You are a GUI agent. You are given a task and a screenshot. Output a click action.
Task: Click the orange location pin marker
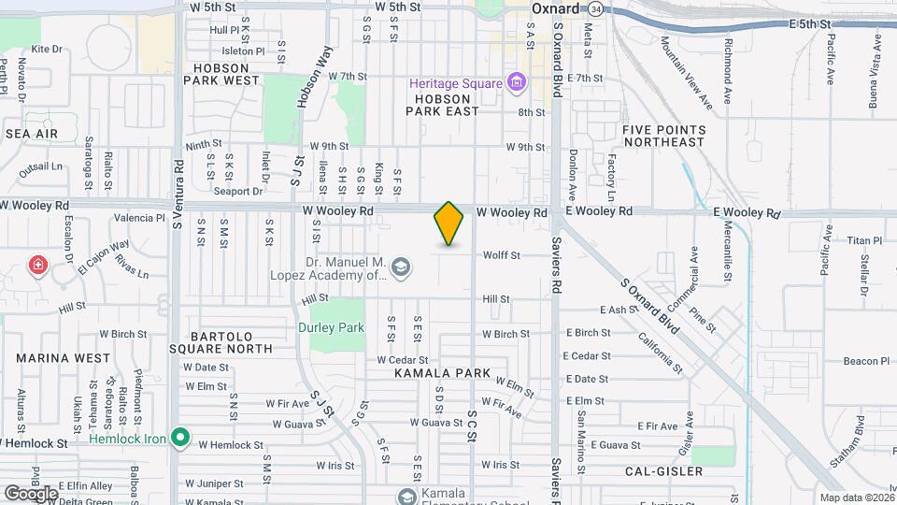[x=449, y=224]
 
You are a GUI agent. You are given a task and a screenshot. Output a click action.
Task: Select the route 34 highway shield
[x=595, y=8]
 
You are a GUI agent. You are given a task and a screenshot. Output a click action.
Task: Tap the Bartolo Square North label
[x=230, y=341]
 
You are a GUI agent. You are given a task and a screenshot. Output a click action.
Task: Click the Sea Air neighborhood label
[x=32, y=134]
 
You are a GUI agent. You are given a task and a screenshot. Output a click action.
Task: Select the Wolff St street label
[x=501, y=255]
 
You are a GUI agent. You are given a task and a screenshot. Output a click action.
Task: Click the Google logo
[x=30, y=493]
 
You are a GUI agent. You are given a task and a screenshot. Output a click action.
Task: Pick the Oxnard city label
[x=556, y=8]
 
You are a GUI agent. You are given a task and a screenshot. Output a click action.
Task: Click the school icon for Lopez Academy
[x=401, y=268]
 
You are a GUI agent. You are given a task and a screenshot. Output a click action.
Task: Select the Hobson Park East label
[x=442, y=104]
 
